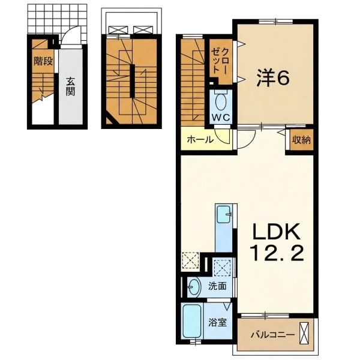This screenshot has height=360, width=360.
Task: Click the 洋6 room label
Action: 272,78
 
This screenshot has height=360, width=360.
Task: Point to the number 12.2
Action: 277,253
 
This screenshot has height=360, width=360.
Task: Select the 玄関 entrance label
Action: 70,86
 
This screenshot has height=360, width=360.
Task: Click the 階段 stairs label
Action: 43,61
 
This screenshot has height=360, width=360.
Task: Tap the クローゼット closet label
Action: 220,61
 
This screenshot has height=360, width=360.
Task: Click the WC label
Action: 221,118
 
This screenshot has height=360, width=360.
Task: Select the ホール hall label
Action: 200,139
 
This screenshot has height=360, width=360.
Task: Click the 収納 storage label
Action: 301,140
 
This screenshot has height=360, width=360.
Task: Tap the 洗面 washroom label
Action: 217,286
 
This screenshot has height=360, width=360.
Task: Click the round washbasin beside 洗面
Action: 194,287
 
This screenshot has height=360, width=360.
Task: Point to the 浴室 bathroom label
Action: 218,323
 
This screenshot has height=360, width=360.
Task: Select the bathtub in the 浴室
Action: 192,321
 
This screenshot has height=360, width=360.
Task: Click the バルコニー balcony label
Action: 272,335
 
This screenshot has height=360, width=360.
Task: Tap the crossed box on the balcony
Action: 304,333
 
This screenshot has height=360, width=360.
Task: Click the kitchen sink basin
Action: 224,214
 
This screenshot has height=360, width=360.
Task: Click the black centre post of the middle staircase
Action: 132,81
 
